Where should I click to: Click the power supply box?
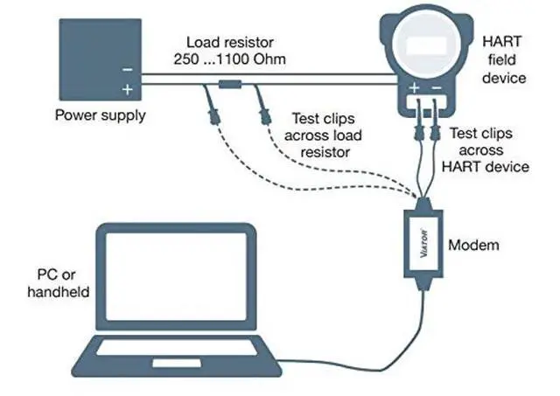pyautogui.click(x=101, y=59)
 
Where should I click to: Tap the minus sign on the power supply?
pyautogui.click(x=128, y=70)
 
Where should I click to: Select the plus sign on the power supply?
pyautogui.click(x=128, y=89)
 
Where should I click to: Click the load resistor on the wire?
pyautogui.click(x=230, y=85)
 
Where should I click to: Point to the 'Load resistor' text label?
pyautogui.click(x=230, y=43)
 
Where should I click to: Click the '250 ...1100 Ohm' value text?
pyautogui.click(x=229, y=59)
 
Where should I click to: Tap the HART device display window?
pyautogui.click(x=426, y=46)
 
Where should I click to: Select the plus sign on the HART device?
pyautogui.click(x=414, y=87)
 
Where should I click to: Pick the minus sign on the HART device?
pyautogui.click(x=437, y=87)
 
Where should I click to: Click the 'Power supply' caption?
pyautogui.click(x=101, y=115)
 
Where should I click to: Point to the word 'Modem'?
pyautogui.click(x=473, y=245)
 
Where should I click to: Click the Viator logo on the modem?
pyautogui.click(x=423, y=243)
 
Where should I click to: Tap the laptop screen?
pyautogui.click(x=177, y=276)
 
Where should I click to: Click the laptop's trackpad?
pyautogui.click(x=177, y=364)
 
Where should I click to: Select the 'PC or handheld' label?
pyautogui.click(x=59, y=283)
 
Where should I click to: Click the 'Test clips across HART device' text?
pyautogui.click(x=485, y=150)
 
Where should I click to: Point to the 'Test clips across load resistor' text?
pyautogui.click(x=323, y=135)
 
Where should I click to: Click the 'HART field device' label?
pyautogui.click(x=504, y=59)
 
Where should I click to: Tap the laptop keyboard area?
pyautogui.click(x=178, y=347)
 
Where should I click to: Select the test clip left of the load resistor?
pyautogui.click(x=213, y=114)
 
